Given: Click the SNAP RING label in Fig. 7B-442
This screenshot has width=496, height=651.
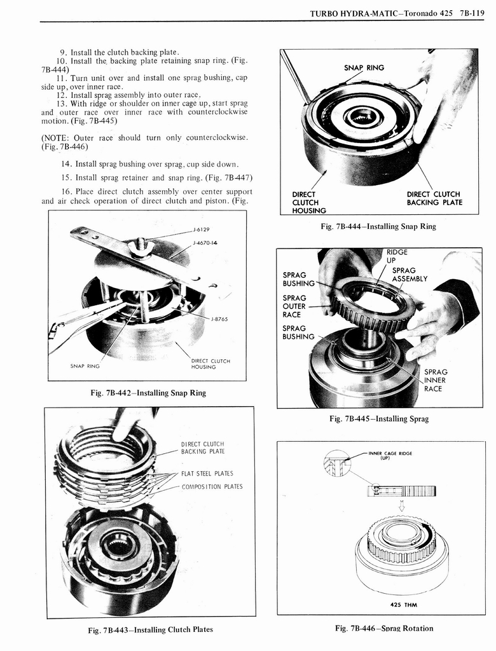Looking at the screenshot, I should tap(85, 366).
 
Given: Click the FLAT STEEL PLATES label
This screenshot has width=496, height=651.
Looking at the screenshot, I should tap(207, 473).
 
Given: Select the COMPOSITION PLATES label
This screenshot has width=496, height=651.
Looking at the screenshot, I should tap(212, 487).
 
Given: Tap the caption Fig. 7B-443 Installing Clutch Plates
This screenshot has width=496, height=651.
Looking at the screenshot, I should tap(150, 629).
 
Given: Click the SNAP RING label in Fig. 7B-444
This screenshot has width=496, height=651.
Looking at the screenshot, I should tap(364, 67).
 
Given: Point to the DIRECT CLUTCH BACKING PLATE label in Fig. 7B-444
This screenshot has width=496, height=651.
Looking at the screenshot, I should tap(434, 198).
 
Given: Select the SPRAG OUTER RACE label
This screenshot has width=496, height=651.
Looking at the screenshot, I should tap(294, 306).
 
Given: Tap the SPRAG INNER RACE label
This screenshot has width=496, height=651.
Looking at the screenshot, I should tap(436, 380).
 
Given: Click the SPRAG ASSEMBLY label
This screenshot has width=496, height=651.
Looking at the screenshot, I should tap(409, 274).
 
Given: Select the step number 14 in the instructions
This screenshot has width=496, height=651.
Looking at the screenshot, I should tap(65, 163).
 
